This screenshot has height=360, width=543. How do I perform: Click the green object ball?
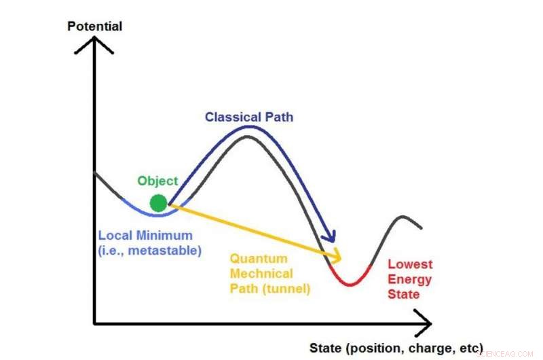pos(158,202)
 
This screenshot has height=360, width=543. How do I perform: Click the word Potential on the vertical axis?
pos(95,26)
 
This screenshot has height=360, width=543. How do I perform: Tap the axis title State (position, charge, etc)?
pos(396,348)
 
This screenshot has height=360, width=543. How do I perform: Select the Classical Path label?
pos(249,117)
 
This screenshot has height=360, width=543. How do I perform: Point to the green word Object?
pos(157,181)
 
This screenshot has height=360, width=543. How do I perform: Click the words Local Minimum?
pos(145,236)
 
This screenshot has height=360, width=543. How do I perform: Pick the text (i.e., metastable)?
pos(150,251)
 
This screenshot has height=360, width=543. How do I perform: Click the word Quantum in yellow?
pos(259,259)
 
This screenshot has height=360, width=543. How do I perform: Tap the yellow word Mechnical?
pos(261,274)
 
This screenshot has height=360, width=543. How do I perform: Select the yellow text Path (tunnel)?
pos(269,289)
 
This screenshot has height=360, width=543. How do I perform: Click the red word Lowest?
pos(409,264)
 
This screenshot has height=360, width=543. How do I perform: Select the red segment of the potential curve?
pos(349,281)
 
